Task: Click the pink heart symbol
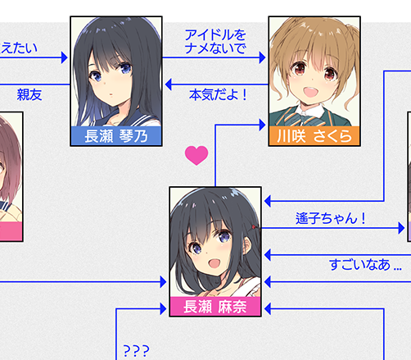coord(196,155)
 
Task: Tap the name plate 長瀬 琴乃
coord(116,136)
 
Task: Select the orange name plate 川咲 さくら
coord(314,136)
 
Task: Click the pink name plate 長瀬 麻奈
coord(215,307)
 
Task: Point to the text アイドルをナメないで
coord(215,42)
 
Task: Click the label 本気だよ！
coord(218,95)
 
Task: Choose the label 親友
coord(29,95)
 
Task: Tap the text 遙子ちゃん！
coord(331,218)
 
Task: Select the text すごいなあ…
coord(366,265)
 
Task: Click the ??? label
coord(137,350)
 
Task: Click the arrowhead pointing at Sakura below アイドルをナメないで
coord(262,57)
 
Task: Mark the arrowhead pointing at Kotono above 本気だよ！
coord(169,84)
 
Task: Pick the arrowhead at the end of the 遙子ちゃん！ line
coord(401,228)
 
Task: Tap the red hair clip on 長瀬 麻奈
coord(254,227)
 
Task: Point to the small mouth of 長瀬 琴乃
coord(111,94)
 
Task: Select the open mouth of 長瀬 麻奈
coord(215,264)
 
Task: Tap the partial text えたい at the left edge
coord(19,48)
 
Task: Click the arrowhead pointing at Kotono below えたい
coord(65,57)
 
